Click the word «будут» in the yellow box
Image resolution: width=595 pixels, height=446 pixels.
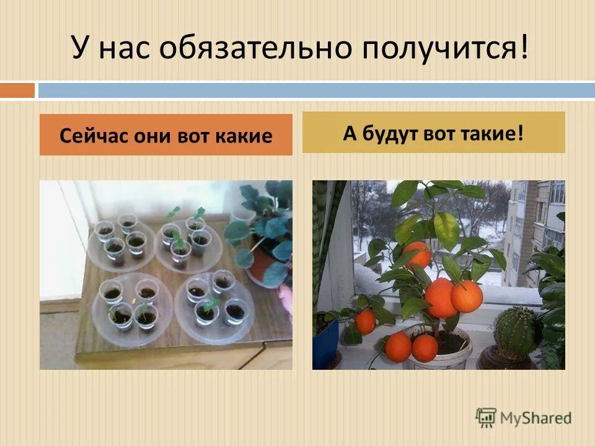[391, 133]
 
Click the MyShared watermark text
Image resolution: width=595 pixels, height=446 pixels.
[535, 418]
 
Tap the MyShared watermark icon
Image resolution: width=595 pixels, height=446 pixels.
[486, 417]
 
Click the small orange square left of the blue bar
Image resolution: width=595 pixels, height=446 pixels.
[17, 90]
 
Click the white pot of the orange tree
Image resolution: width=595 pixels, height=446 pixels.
[447, 353]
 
